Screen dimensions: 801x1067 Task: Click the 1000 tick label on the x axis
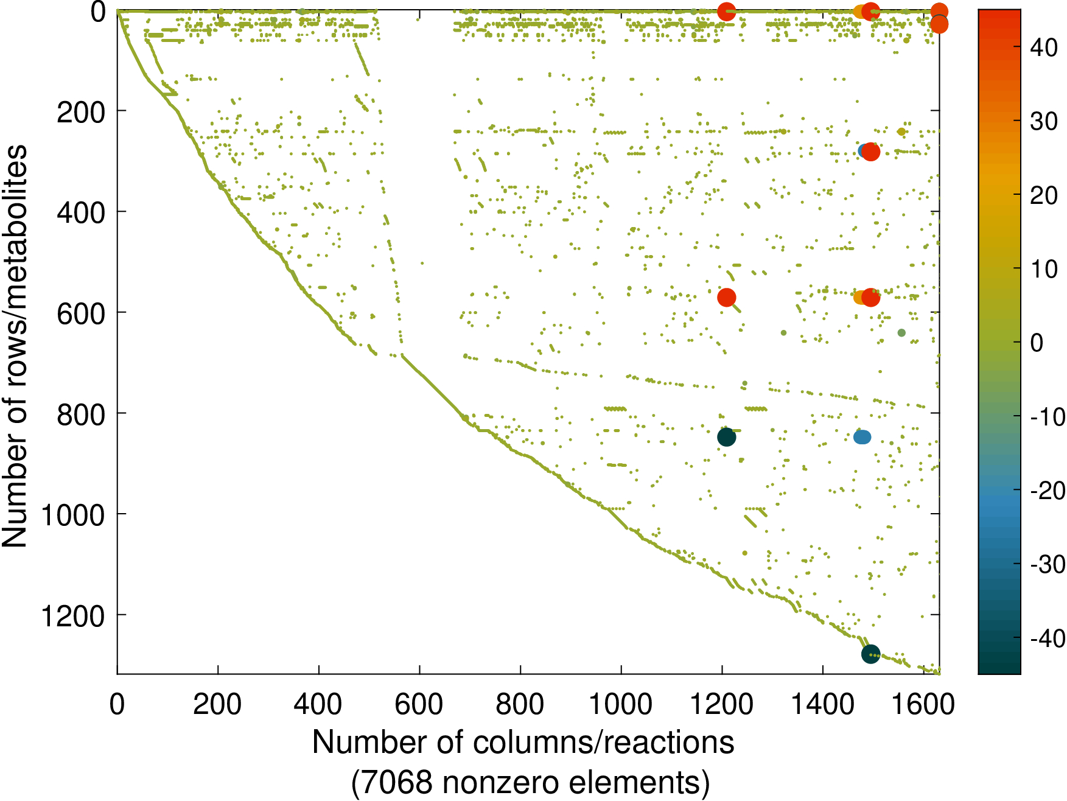[620, 705]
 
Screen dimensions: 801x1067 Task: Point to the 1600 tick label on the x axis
[923, 705]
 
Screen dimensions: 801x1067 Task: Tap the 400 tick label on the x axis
[318, 705]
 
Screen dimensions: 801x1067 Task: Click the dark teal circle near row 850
[726, 437]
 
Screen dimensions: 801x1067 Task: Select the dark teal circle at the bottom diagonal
[870, 654]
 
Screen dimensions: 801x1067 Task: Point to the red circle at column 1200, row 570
[726, 298]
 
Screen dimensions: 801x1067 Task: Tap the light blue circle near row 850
[862, 437]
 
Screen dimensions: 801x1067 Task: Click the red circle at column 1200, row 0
[726, 12]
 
